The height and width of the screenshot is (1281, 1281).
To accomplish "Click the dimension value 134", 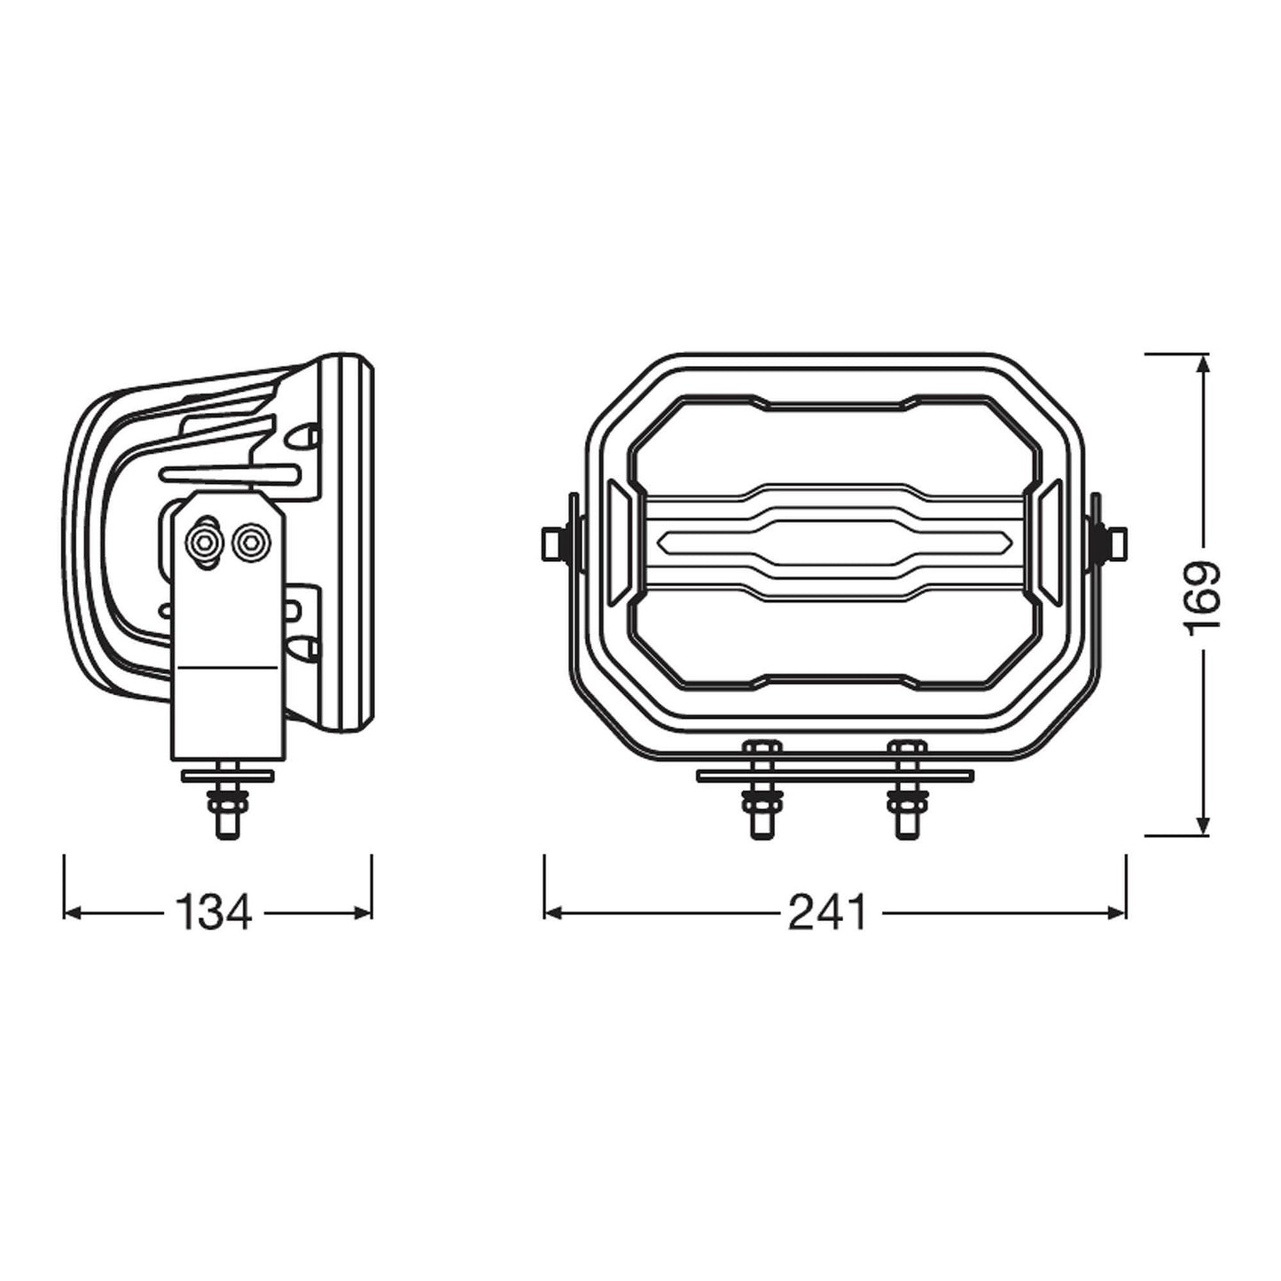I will (214, 912).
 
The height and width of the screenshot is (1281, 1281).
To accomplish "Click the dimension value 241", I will (827, 912).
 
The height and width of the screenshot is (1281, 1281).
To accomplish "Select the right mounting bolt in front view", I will (906, 789).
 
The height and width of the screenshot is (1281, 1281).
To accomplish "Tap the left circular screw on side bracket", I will (205, 542).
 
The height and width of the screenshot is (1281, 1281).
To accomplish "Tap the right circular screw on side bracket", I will (251, 541).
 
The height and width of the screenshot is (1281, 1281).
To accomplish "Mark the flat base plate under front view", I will (834, 776).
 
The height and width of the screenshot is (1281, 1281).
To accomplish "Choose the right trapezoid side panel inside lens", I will (1051, 542).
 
